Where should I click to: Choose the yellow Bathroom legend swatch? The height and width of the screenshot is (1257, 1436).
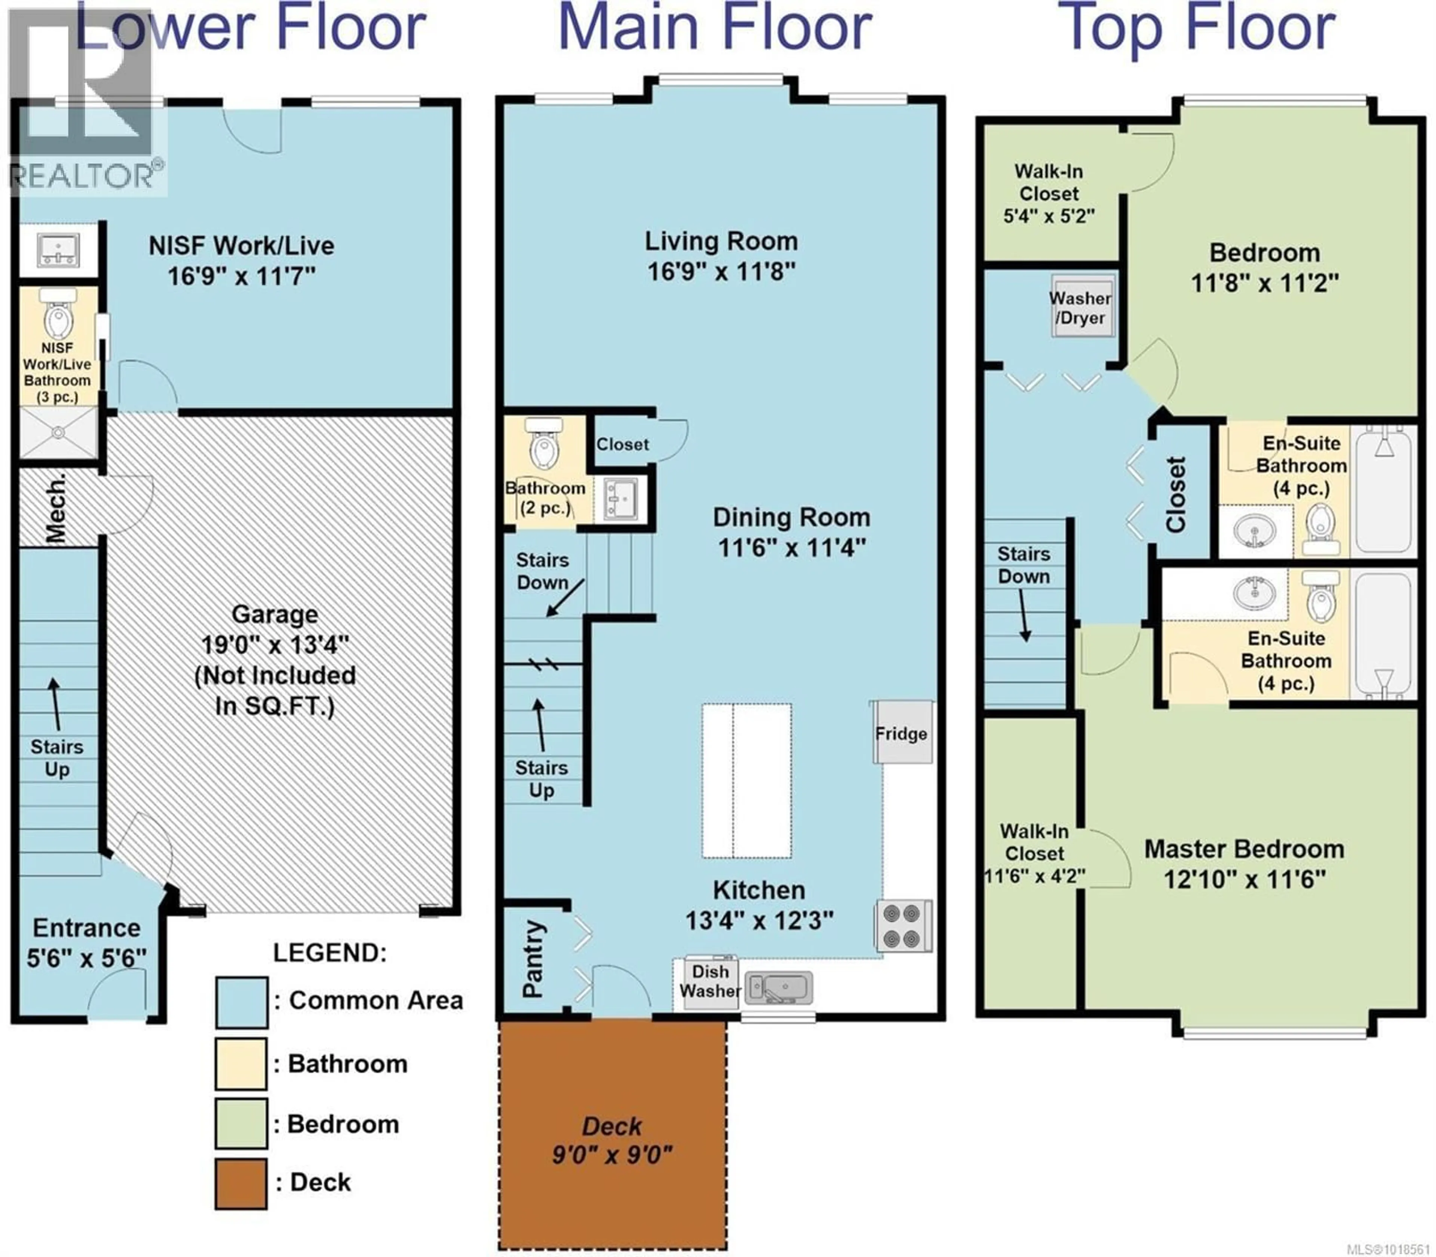click(240, 1063)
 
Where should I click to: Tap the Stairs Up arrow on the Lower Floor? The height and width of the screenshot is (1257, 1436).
click(54, 705)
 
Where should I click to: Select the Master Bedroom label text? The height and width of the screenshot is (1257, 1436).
click(1244, 849)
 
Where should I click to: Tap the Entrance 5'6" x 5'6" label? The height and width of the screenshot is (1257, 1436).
click(86, 942)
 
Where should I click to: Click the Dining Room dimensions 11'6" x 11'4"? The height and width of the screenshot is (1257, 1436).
click(791, 547)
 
